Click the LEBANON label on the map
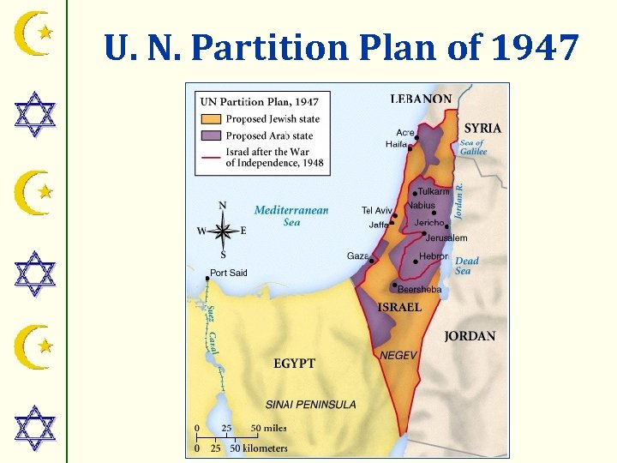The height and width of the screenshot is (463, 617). pyautogui.click(x=421, y=99)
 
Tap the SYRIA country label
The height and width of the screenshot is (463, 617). pyautogui.click(x=482, y=128)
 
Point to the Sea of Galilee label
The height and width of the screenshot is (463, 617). pyautogui.click(x=473, y=147)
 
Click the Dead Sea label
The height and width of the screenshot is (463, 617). pyautogui.click(x=467, y=265)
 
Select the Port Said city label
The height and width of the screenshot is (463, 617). pyautogui.click(x=228, y=273)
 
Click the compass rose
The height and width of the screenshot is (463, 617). pyautogui.click(x=222, y=230)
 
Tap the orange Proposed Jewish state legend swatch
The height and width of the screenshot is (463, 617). pyautogui.click(x=211, y=119)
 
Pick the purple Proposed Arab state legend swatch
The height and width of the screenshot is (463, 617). pyautogui.click(x=211, y=135)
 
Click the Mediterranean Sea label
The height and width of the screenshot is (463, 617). pyautogui.click(x=291, y=215)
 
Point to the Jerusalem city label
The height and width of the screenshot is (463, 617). pyautogui.click(x=446, y=238)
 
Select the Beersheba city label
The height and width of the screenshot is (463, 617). pyautogui.click(x=419, y=290)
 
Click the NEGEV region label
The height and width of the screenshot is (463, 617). pyautogui.click(x=398, y=355)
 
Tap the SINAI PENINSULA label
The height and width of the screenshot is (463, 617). pyautogui.click(x=311, y=404)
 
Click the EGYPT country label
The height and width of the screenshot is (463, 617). pyautogui.click(x=294, y=364)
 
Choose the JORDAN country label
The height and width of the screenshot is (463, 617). pyautogui.click(x=470, y=336)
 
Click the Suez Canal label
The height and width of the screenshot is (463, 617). pyautogui.click(x=212, y=329)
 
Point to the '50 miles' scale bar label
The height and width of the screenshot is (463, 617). pyautogui.click(x=268, y=428)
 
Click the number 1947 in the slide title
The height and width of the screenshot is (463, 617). pyautogui.click(x=536, y=48)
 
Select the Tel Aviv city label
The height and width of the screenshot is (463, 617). pyautogui.click(x=376, y=210)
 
